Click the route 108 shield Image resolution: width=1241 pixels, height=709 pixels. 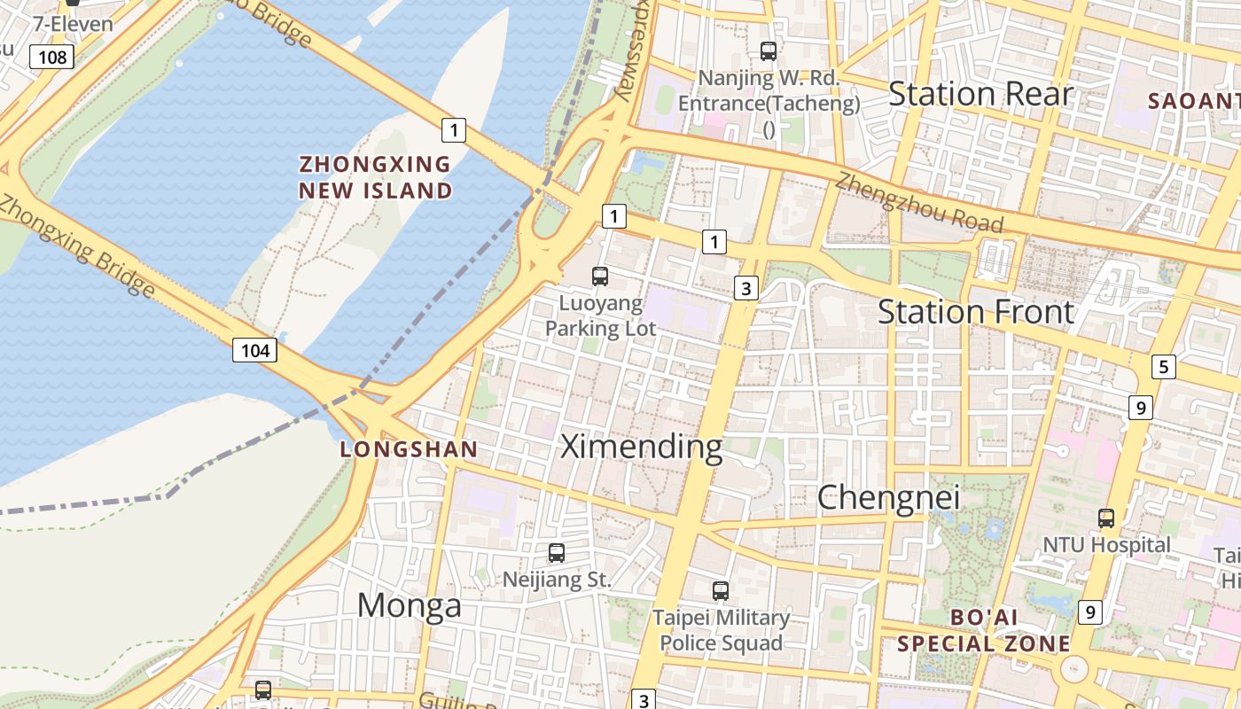(52, 58)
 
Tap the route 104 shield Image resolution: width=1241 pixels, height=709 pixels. (255, 350)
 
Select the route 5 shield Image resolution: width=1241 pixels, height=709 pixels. (1164, 367)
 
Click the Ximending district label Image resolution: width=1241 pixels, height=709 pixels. (642, 447)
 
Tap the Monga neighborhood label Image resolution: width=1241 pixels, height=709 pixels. (410, 605)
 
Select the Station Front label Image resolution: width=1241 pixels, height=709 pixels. (976, 312)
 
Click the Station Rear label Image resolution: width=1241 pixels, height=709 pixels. (980, 93)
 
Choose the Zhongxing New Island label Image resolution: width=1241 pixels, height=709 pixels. (375, 177)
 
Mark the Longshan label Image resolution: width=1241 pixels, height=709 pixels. (410, 449)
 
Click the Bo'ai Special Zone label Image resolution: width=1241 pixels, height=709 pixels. (984, 630)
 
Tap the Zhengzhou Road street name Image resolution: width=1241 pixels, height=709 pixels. (920, 203)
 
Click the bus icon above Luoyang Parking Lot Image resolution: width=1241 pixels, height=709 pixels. (600, 277)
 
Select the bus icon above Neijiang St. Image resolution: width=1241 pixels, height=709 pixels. (557, 553)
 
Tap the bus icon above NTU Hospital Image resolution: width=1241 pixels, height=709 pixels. (1106, 518)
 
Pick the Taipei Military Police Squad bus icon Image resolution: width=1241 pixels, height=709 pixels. (721, 590)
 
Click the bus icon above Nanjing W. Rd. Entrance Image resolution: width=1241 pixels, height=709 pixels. (769, 51)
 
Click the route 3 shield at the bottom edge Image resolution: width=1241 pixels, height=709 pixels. (644, 699)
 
